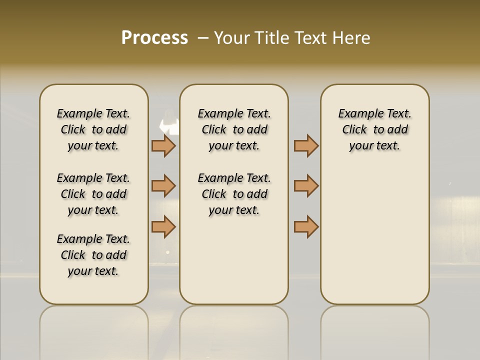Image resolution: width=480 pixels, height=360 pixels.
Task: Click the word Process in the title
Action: (x=154, y=38)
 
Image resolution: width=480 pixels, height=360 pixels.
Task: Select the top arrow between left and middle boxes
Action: (x=163, y=145)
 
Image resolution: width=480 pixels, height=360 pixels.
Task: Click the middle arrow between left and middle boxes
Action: (x=163, y=186)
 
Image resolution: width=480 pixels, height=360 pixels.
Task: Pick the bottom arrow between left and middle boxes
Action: (x=163, y=226)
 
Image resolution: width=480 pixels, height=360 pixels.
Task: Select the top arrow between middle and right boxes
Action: (x=306, y=145)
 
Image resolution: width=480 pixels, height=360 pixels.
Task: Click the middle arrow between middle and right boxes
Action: (x=306, y=186)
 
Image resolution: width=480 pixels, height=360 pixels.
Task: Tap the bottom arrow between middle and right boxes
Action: (x=306, y=226)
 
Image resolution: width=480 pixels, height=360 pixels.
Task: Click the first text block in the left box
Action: (x=93, y=129)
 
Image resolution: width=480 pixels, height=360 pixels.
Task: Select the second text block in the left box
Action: (x=93, y=194)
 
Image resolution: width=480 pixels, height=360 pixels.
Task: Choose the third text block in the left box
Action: (x=93, y=255)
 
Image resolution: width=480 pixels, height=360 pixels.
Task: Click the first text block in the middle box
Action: (x=234, y=129)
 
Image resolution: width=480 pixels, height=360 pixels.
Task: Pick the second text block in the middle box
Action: (x=234, y=194)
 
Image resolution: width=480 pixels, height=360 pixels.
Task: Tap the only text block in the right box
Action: (x=374, y=129)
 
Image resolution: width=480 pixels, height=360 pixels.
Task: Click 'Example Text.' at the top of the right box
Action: (x=374, y=114)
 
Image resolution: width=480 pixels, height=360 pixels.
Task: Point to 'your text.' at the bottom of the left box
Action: (x=93, y=271)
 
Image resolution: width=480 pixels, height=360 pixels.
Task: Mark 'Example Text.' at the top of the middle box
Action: (x=234, y=114)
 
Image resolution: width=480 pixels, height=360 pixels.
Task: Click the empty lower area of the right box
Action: (x=374, y=235)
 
